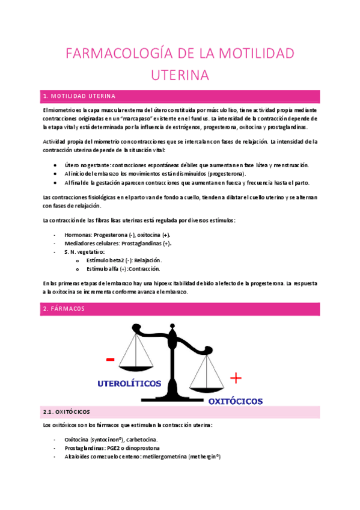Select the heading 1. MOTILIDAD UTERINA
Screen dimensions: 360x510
[x=84, y=96]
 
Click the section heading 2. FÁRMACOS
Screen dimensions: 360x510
[x=64, y=309]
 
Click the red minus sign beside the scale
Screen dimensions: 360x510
[x=110, y=360]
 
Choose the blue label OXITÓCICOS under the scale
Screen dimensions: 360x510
[x=235, y=400]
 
